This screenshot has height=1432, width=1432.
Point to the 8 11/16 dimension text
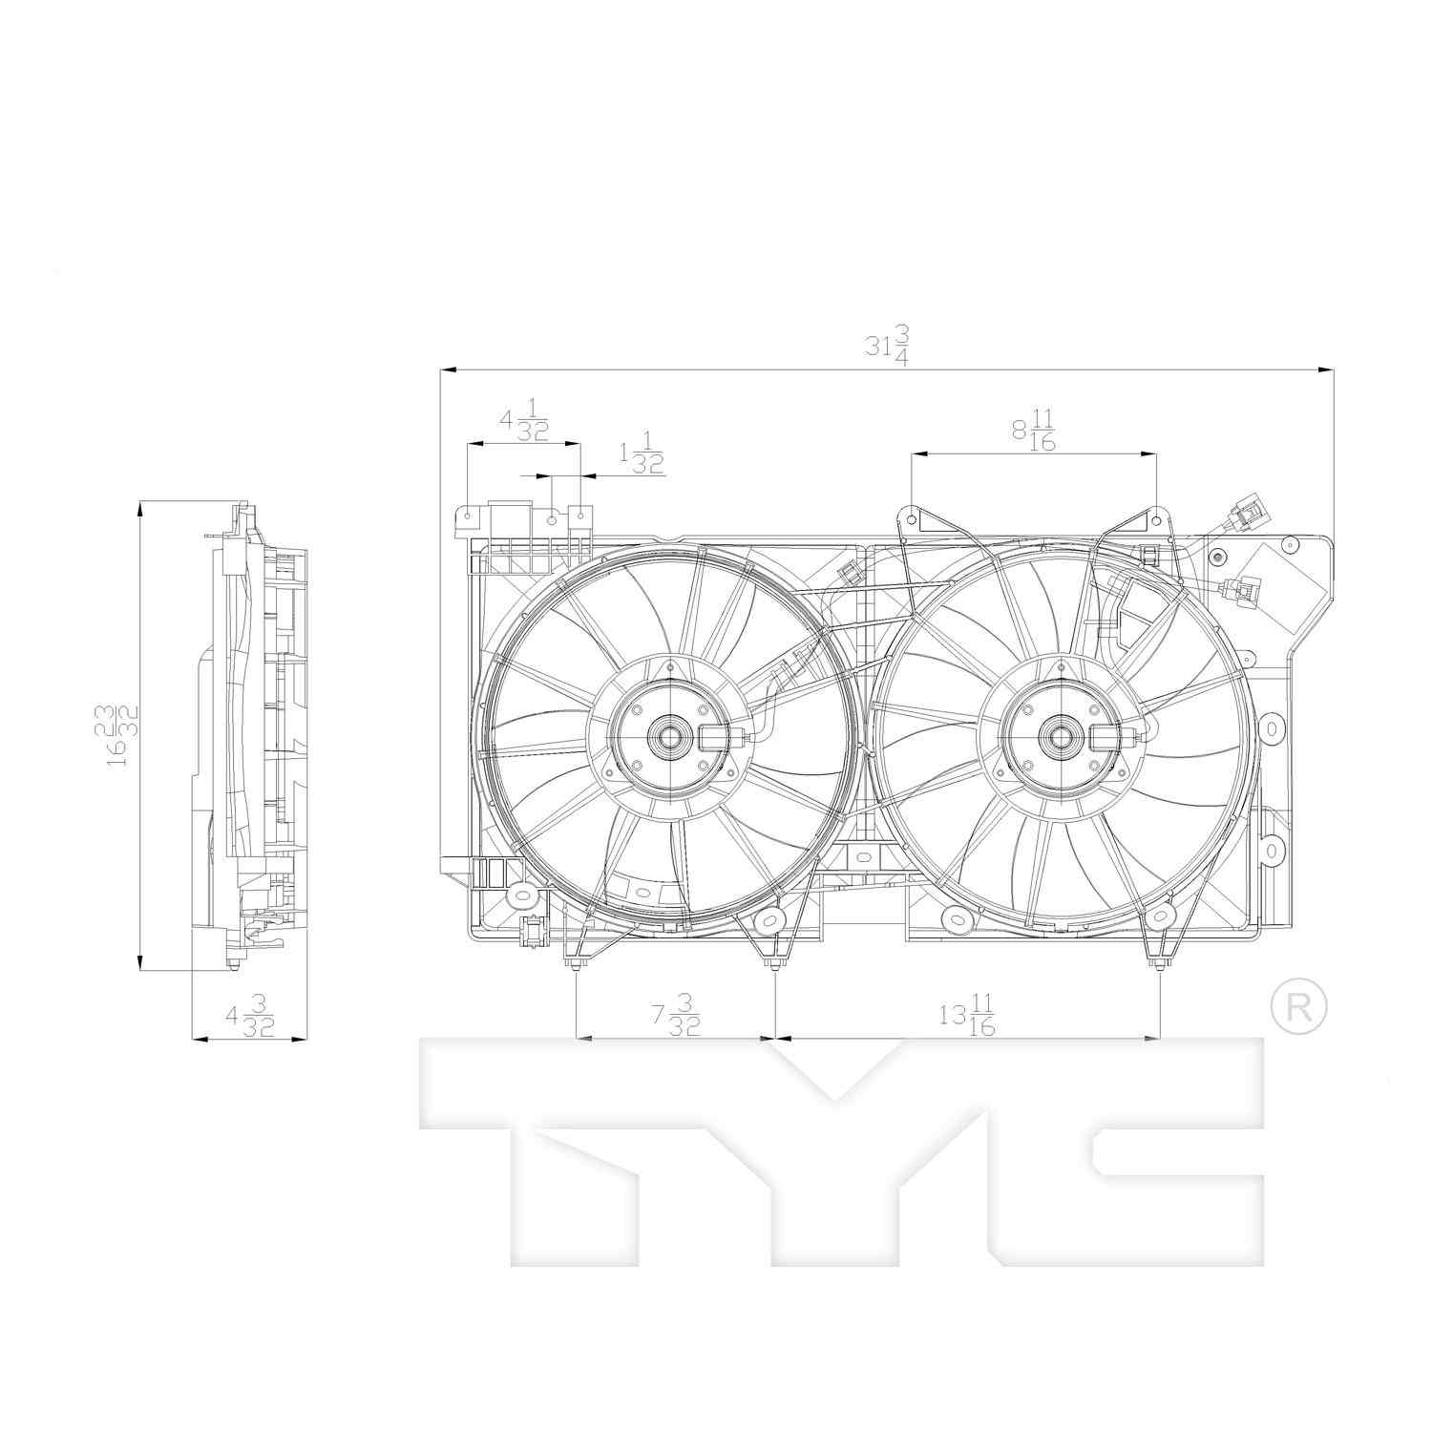1034,431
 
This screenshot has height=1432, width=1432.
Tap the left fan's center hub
671,736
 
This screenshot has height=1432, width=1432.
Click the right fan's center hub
1062,736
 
